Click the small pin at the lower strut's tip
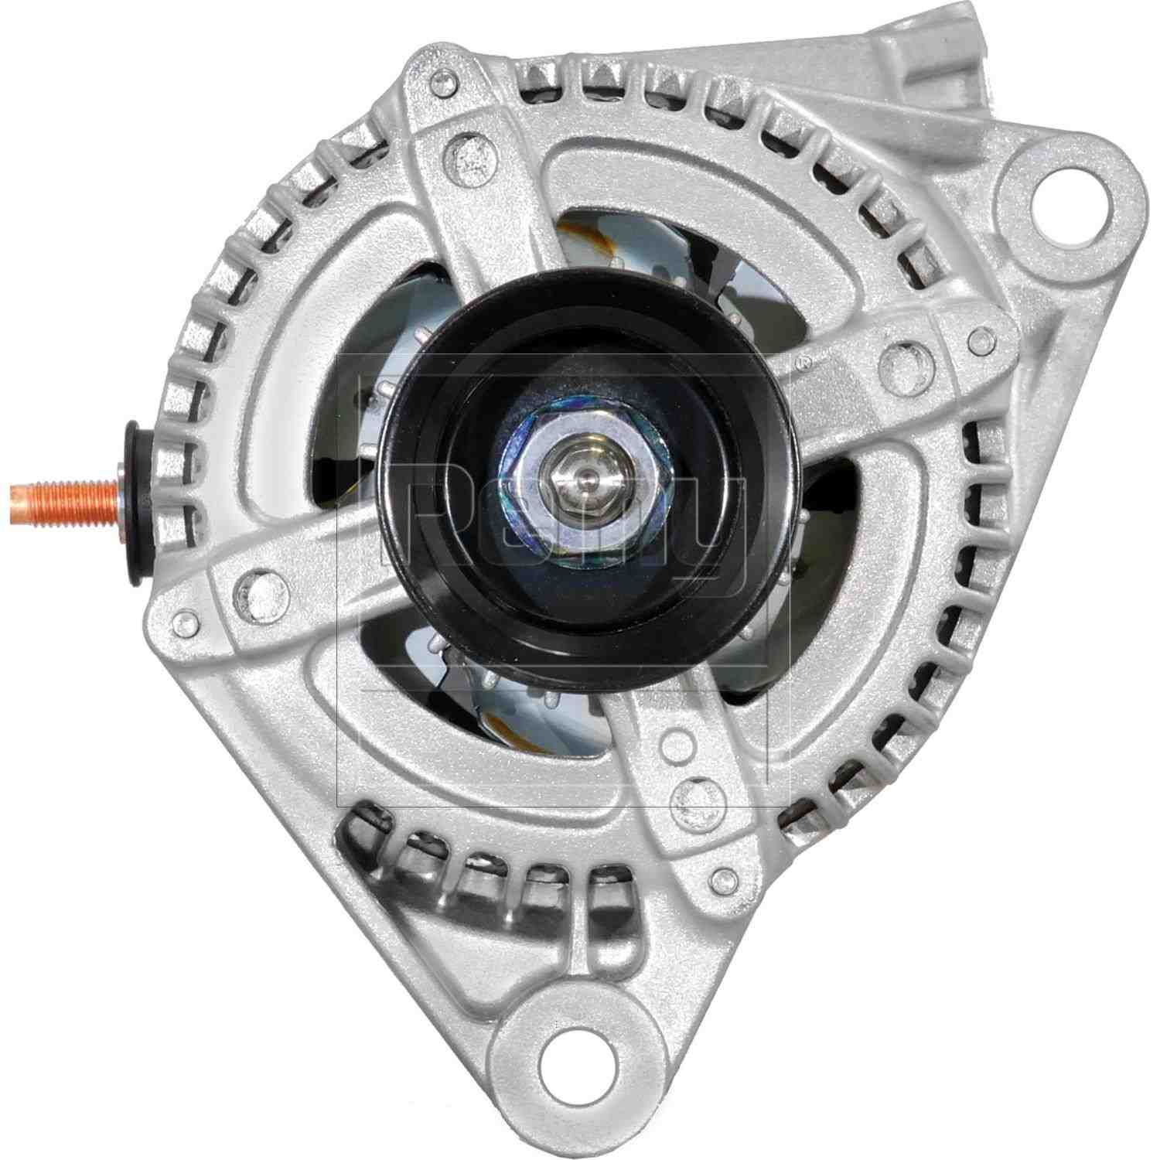click(x=724, y=876)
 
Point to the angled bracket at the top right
click(x=928, y=54)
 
